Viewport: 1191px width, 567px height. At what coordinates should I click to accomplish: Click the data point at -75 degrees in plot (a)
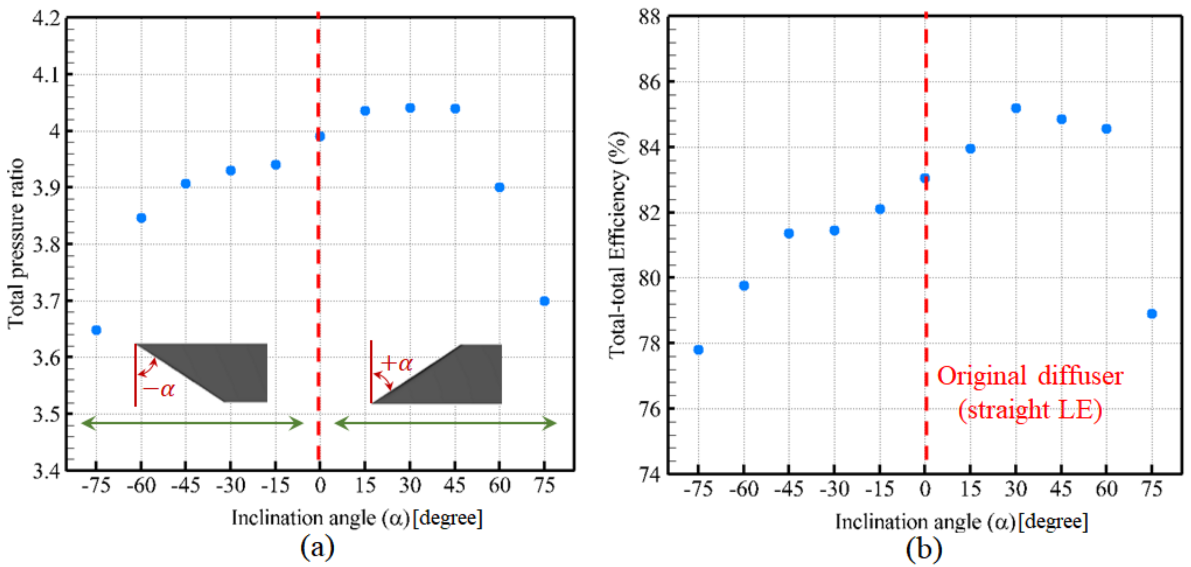point(96,330)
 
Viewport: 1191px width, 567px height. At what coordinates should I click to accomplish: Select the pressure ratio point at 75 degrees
point(544,301)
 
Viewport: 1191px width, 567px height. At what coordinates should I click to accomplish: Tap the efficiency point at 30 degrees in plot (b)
point(1016,108)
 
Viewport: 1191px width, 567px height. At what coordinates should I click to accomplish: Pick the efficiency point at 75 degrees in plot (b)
point(1152,314)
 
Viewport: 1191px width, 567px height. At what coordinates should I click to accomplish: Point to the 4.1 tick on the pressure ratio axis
point(46,74)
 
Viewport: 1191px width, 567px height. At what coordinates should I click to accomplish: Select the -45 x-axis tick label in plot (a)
point(186,486)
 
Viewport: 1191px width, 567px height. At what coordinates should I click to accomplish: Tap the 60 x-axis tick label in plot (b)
point(1106,489)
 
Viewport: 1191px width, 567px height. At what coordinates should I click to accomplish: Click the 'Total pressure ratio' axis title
point(16,244)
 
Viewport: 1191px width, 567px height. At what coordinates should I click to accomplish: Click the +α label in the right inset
point(397,364)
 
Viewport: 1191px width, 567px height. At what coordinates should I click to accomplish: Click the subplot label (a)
point(317,547)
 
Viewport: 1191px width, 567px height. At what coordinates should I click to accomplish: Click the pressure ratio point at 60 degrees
point(499,187)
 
